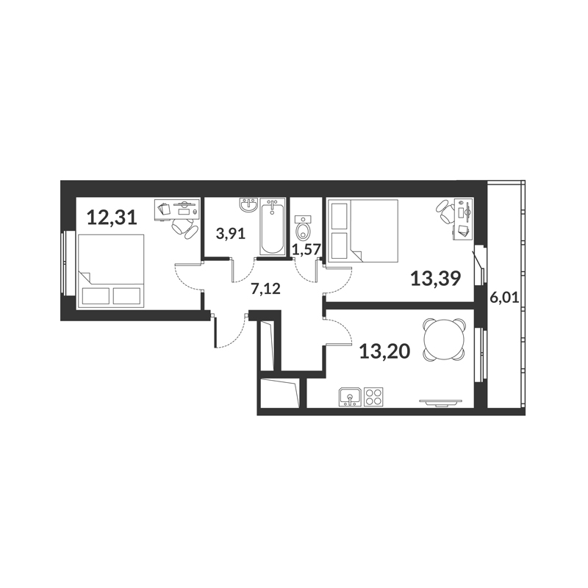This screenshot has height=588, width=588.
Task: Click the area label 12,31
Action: tap(112, 218)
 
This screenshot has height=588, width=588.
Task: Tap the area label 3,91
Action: tap(231, 234)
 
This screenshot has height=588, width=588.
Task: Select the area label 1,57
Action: tap(307, 250)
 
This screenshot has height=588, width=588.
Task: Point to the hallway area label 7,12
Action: tap(266, 289)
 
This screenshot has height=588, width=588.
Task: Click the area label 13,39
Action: tap(436, 279)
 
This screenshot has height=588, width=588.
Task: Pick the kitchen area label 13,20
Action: tap(384, 351)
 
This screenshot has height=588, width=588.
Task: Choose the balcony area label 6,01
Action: tap(505, 298)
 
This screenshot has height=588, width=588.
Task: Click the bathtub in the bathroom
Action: tap(272, 226)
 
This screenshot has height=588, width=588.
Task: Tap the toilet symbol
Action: tap(303, 228)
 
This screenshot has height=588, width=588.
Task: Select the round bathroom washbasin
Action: tap(248, 205)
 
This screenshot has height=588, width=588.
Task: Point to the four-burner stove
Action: tap(374, 397)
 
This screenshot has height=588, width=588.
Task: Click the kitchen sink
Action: tap(351, 397)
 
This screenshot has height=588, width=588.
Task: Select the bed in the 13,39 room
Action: tap(362, 231)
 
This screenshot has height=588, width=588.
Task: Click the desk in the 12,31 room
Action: tap(176, 209)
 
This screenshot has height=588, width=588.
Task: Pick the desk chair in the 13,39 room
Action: tap(445, 212)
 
